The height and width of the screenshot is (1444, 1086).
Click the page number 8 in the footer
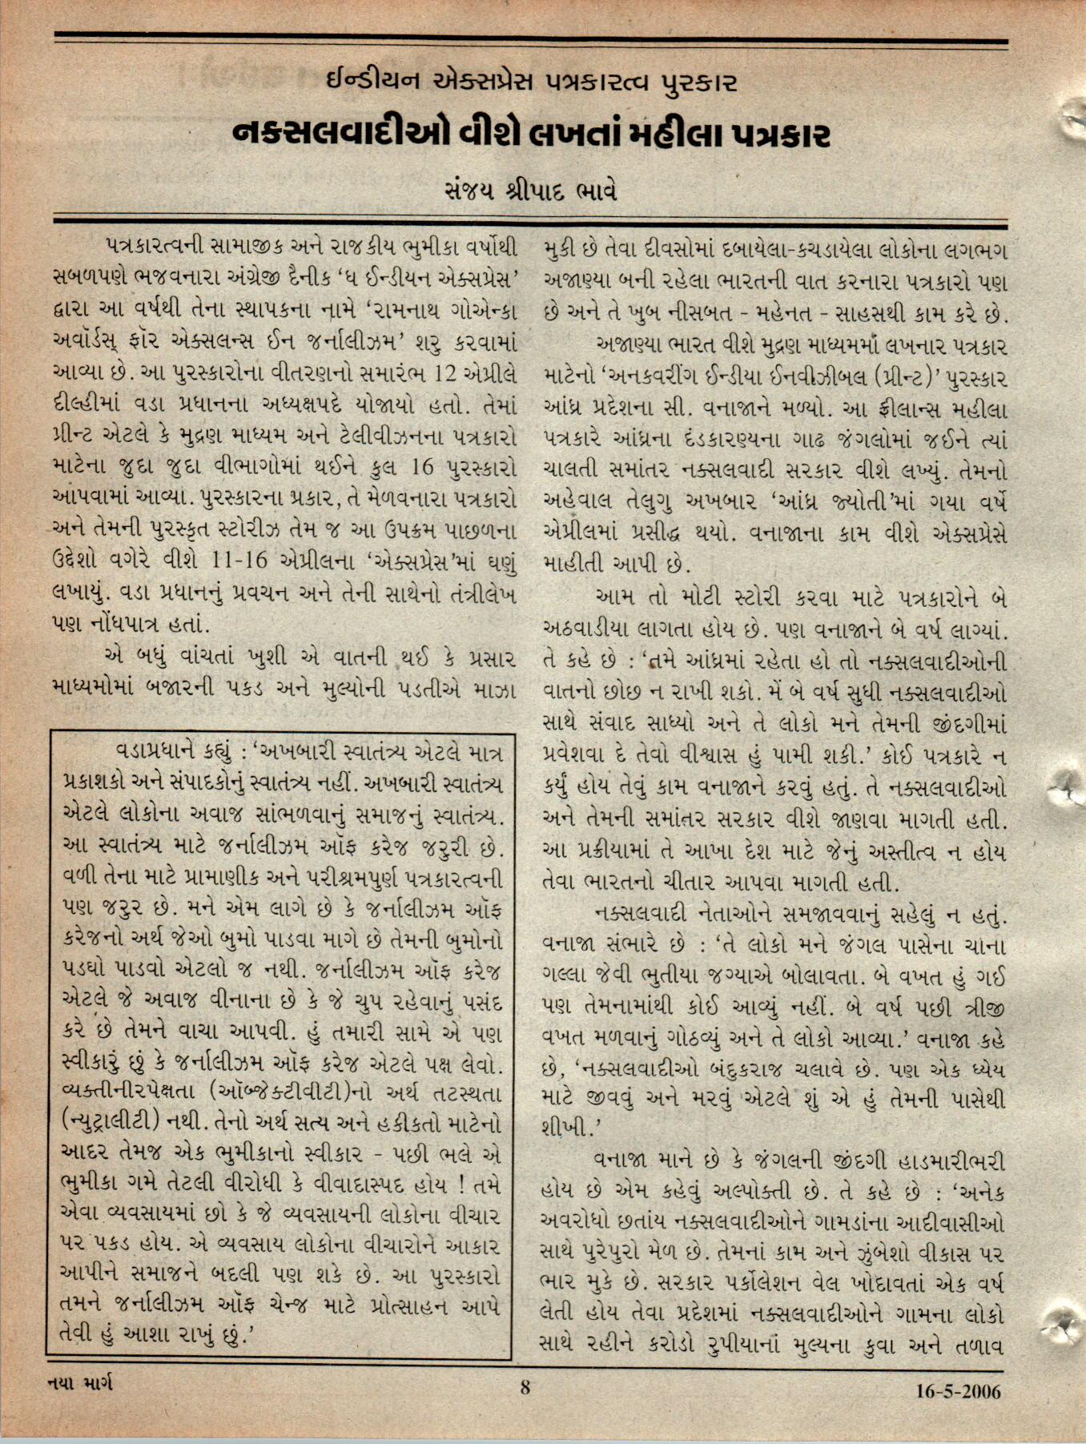click(525, 1387)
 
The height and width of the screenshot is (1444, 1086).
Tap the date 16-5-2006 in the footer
click(958, 1391)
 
